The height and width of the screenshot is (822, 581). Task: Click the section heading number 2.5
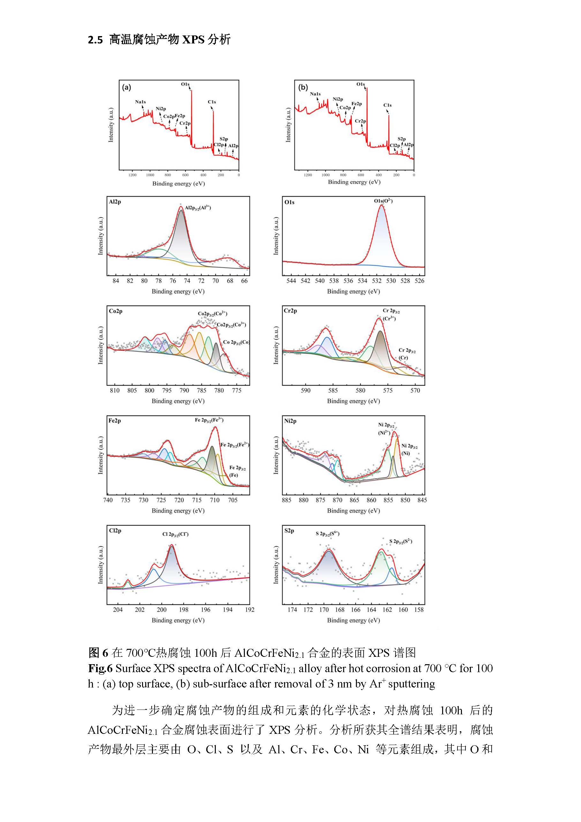pos(95,40)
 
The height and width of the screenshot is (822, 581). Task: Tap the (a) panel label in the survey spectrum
pos(126,87)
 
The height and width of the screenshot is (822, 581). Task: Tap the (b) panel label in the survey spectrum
pos(303,87)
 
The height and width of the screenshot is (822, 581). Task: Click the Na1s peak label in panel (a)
pos(140,102)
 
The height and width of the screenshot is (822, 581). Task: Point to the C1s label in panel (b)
pos(388,105)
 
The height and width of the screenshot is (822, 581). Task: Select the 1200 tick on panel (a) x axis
pos(132,175)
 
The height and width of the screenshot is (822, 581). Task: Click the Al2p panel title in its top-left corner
pos(115,202)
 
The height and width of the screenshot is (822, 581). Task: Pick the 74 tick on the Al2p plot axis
pos(187,281)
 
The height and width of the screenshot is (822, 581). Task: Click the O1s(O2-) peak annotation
pos(383,201)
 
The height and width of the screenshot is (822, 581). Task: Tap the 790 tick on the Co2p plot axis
pos(184,391)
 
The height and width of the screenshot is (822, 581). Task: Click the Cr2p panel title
pos(290,311)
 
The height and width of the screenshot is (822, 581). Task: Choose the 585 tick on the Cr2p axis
pos(333,391)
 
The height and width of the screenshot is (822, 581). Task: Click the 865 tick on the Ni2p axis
pos(354,500)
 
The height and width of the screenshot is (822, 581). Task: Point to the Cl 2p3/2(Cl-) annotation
pos(175,534)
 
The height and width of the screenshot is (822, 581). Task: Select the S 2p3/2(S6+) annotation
pos(327,534)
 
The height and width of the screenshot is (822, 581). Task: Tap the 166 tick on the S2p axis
pos(356,610)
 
